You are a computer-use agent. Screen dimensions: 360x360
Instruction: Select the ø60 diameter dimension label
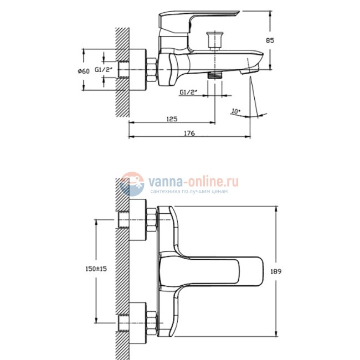tap(84, 70)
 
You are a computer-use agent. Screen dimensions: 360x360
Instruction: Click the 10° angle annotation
tap(235, 111)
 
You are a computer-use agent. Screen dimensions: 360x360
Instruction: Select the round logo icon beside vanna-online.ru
tap(132, 184)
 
